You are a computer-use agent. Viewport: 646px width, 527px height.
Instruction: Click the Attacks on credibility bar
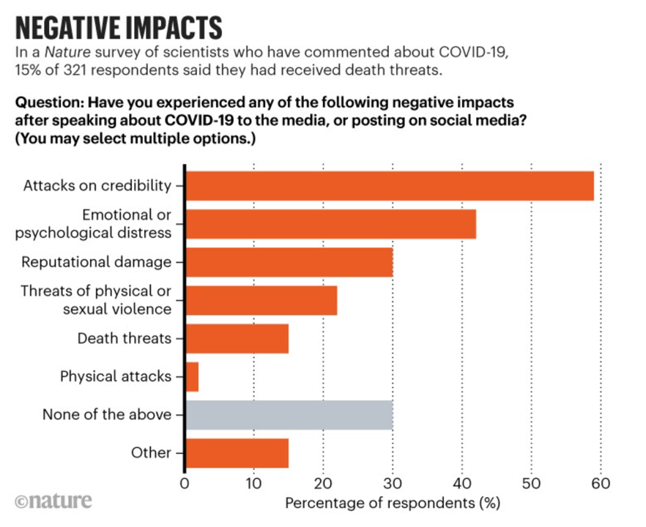tap(389, 185)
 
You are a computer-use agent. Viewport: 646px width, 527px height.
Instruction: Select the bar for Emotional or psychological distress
tap(330, 223)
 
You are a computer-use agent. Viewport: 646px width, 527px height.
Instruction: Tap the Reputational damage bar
tap(289, 262)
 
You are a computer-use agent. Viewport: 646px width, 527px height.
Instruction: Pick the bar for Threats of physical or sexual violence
tap(261, 300)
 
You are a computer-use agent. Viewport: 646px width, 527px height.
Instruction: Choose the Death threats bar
tap(237, 338)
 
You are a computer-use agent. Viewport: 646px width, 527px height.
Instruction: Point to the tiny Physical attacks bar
tap(192, 376)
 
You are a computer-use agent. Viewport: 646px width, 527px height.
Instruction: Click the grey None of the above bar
tap(289, 415)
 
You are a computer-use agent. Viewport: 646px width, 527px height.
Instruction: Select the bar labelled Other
tap(237, 453)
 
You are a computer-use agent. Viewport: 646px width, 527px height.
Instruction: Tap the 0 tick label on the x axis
tap(185, 484)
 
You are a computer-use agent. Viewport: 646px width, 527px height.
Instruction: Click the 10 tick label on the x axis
tap(253, 484)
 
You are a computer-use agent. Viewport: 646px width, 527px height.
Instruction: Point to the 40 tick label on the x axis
tap(462, 484)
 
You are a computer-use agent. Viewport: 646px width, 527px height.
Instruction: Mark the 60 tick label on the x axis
tap(601, 484)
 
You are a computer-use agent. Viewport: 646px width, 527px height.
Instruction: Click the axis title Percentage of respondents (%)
tap(393, 504)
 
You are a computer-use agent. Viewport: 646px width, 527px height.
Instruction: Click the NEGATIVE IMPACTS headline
tap(117, 27)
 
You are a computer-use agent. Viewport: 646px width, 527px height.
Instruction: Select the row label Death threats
tap(125, 339)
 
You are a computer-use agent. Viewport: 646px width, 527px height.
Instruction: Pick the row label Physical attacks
tap(116, 377)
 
